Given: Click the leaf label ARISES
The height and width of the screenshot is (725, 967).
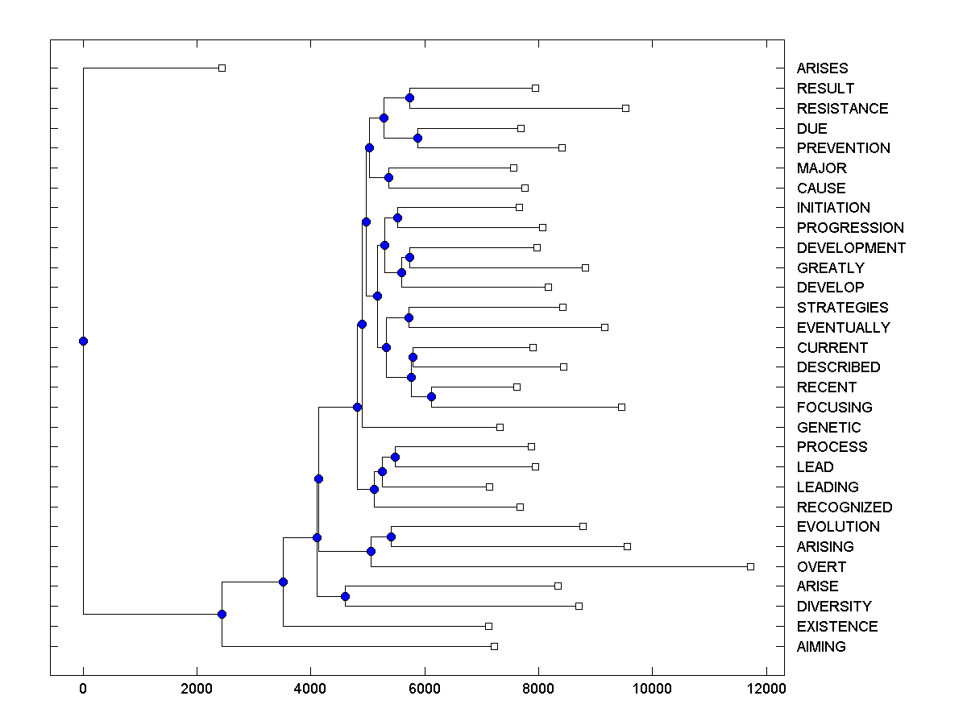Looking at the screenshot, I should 822,68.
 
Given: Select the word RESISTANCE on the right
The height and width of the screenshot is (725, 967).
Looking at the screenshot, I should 842,109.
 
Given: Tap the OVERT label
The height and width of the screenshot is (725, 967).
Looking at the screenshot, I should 821,567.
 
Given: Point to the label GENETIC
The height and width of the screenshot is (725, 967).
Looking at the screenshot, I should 828,428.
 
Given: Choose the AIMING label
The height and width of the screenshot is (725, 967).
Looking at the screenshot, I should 821,647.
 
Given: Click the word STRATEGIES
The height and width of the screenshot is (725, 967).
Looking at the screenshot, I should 842,308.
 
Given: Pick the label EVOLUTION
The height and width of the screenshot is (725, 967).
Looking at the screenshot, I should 838,527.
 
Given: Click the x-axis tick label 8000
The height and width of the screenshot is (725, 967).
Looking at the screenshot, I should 538,689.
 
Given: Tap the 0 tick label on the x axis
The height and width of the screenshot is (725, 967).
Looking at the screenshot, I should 83,689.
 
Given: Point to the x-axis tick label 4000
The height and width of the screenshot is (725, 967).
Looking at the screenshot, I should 310,689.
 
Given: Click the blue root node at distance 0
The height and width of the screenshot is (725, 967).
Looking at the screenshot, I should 83,341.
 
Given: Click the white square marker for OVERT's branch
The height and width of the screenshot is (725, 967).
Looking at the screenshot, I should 750,566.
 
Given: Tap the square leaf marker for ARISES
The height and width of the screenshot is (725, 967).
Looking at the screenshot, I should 222,68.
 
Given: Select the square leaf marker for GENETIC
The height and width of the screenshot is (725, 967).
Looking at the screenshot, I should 500,427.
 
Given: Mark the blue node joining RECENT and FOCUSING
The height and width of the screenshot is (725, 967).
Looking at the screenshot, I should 431,396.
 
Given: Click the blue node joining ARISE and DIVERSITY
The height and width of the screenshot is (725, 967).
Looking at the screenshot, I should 345,596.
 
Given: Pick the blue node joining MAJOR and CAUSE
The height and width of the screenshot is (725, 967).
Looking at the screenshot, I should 388,177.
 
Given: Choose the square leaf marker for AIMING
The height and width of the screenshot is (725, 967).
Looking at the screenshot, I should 494,646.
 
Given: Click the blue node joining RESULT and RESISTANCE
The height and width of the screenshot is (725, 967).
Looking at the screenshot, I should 409,97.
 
